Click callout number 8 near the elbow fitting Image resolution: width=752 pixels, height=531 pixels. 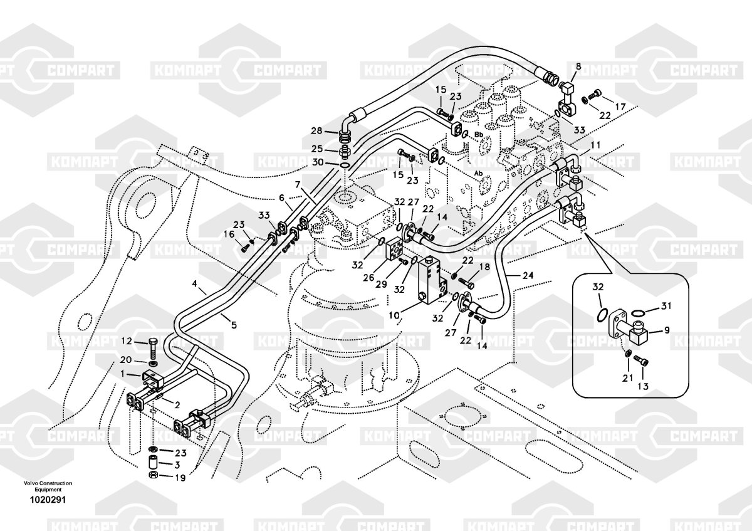pos(578,66)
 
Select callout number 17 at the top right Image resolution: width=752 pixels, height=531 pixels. pos(620,107)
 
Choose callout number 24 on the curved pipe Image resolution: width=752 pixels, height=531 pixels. pos(528,275)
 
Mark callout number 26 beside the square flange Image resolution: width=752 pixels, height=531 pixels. pos(369,278)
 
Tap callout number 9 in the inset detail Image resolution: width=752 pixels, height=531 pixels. pos(666,329)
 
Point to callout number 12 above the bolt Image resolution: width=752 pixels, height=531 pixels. pos(126,341)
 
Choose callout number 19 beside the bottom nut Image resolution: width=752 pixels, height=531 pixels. pos(180,478)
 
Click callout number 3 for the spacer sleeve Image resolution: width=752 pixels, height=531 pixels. pos(177,465)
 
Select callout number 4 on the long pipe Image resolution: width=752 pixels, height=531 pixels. pos(196,291)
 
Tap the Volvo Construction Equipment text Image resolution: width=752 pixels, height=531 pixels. pos(48,486)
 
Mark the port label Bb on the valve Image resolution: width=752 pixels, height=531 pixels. pos(479,135)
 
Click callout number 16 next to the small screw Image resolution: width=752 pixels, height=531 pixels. pos(230,234)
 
